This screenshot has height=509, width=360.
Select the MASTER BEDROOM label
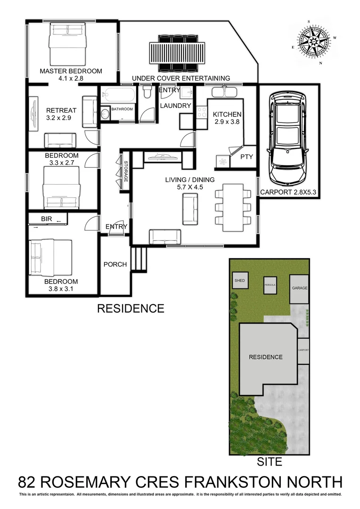[71, 71]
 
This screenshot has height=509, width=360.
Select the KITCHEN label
[227, 114]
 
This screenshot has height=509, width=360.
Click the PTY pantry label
[246, 157]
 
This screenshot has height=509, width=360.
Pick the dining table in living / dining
[233, 207]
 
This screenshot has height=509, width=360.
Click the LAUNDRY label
[175, 106]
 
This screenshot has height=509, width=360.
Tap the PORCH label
[115, 264]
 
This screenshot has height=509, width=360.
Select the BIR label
[46, 219]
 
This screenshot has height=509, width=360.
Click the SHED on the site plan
[239, 281]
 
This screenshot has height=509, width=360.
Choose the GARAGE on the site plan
[299, 288]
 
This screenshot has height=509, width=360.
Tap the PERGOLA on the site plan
[270, 286]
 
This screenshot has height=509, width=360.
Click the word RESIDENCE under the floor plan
[131, 309]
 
